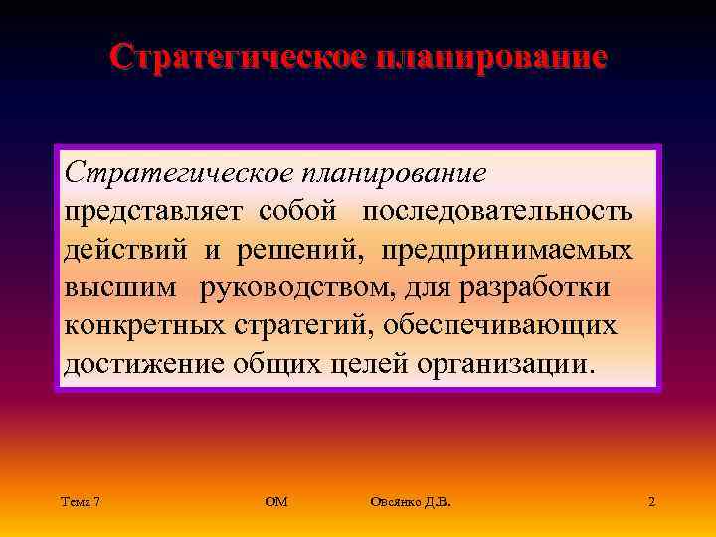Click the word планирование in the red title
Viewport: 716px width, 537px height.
point(487,56)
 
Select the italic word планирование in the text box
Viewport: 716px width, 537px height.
point(402,173)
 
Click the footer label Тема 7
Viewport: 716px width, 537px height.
point(80,502)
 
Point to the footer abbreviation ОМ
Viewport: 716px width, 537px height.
point(276,502)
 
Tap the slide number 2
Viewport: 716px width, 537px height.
point(651,502)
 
